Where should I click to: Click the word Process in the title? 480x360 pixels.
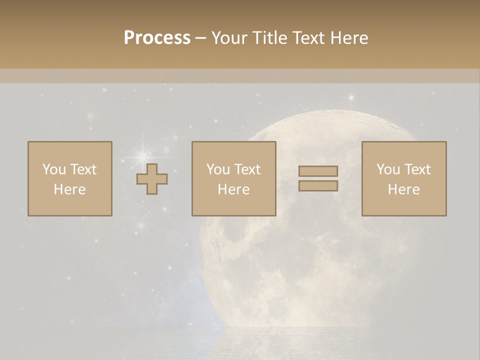(x=157, y=38)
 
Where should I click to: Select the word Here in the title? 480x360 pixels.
(x=350, y=38)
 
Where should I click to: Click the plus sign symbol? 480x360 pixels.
(x=152, y=179)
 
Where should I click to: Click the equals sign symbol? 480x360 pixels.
(x=318, y=178)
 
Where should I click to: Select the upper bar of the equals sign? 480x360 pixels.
(x=318, y=171)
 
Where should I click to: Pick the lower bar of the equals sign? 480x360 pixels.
(x=318, y=186)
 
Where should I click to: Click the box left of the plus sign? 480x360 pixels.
(x=70, y=178)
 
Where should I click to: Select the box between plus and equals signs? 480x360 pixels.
(x=233, y=178)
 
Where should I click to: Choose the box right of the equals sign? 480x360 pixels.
(x=404, y=178)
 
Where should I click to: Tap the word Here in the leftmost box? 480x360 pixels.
(x=70, y=189)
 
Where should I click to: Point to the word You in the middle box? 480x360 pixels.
(x=218, y=169)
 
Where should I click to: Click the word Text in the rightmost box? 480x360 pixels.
(x=417, y=169)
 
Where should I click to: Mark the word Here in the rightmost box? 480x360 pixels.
(x=404, y=189)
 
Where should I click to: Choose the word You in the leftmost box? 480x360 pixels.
(x=54, y=169)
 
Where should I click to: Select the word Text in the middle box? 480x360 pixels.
(x=247, y=169)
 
